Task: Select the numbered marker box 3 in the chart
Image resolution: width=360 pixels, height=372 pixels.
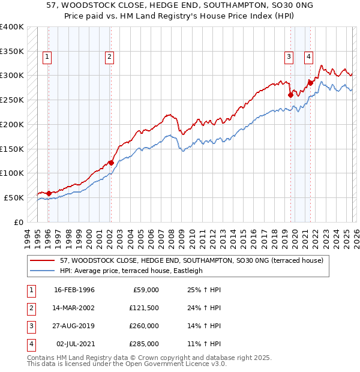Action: pyautogui.click(x=289, y=57)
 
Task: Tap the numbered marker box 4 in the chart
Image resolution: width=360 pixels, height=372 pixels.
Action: pyautogui.click(x=308, y=57)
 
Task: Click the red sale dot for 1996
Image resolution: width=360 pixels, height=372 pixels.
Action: pyautogui.click(x=49, y=193)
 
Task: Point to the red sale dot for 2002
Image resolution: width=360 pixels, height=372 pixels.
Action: pyautogui.click(x=111, y=162)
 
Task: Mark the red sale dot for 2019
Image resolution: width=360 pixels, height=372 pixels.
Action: pyautogui.click(x=290, y=94)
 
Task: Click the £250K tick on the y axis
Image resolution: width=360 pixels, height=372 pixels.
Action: pyautogui.click(x=11, y=100)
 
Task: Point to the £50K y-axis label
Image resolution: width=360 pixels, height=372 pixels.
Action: pyautogui.click(x=14, y=197)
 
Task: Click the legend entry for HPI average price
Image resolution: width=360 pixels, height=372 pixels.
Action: pyautogui.click(x=131, y=271)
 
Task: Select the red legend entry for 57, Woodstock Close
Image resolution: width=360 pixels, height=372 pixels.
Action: pyautogui.click(x=192, y=260)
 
